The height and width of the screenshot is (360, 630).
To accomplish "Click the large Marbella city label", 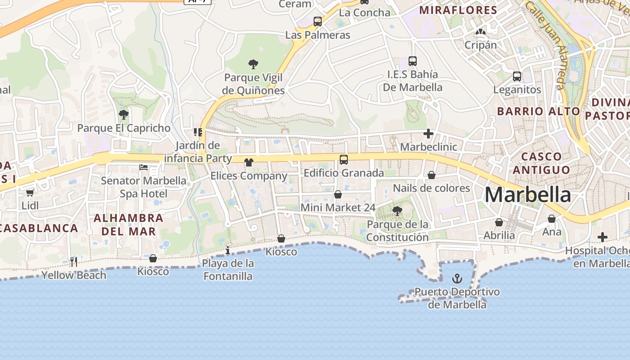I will (x=528, y=195).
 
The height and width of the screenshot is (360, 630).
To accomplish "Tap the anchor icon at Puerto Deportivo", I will (x=457, y=279).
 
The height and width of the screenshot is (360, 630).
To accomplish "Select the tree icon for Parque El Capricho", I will (x=124, y=115).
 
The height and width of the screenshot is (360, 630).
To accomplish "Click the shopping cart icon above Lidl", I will (x=30, y=193).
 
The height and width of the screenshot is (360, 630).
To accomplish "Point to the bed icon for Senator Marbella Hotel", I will (x=144, y=167).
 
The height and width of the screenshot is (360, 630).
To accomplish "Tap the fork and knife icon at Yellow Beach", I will (x=74, y=261).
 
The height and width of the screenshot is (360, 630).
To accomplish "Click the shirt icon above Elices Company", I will (x=249, y=162).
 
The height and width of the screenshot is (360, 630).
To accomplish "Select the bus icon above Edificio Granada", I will (x=344, y=159).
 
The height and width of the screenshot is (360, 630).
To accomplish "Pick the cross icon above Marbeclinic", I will (x=428, y=134).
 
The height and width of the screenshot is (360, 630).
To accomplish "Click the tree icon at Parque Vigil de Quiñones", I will (x=253, y=64).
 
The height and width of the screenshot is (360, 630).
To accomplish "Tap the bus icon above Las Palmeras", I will (x=318, y=21).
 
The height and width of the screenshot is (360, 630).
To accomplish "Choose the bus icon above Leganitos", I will (x=517, y=76).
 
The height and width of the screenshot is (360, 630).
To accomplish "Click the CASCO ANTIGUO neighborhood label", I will (x=541, y=163).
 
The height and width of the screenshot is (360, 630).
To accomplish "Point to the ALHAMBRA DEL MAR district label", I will (x=128, y=225).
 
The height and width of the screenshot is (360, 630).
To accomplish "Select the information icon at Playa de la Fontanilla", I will (x=228, y=250).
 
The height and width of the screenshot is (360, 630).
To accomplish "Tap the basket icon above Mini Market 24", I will (x=338, y=194).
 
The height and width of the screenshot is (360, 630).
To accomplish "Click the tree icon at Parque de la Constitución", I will (x=397, y=211).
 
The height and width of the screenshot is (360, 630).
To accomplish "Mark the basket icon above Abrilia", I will (x=499, y=222).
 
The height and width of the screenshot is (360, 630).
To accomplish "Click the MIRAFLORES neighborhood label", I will (x=458, y=10).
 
